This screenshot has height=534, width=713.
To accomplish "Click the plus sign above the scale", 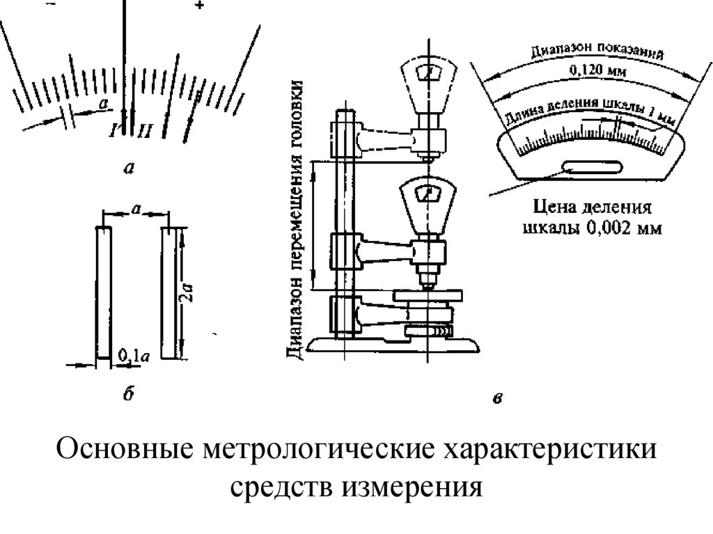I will point(200,6).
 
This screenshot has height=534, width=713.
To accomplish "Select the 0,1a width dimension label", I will point(133,356).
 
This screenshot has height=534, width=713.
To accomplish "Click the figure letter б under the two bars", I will point(127,398).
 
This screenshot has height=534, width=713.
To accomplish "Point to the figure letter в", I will point(496,399).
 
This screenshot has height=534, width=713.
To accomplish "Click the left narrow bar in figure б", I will point(102,292).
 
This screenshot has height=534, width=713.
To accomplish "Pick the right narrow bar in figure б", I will point(170,292).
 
